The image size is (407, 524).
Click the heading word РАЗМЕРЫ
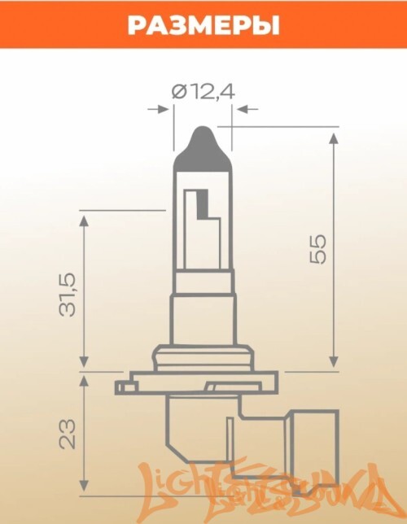click(x=203, y=25)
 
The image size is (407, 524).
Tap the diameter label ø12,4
click(x=203, y=91)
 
